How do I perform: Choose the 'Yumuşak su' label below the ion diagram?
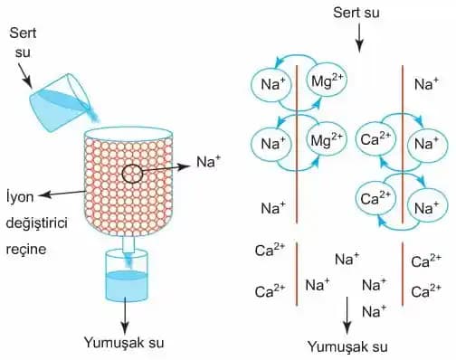point(347,346)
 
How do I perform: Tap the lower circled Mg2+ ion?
point(325,142)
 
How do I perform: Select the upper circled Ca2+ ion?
point(375,142)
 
